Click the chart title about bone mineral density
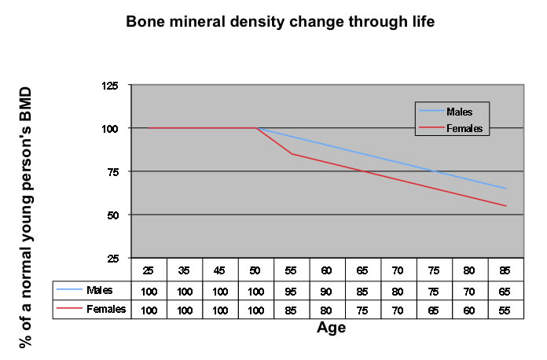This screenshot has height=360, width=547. (280, 21)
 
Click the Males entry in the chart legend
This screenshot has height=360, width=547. (457, 111)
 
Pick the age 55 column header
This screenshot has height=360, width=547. (291, 270)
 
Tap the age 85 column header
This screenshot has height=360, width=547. (505, 270)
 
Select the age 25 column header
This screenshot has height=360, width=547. (148, 270)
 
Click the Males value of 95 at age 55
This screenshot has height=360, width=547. (291, 291)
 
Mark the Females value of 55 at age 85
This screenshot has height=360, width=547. (505, 310)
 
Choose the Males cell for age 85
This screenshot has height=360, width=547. (505, 291)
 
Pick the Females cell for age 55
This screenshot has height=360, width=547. (291, 310)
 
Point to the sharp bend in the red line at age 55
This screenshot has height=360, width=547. (291, 153)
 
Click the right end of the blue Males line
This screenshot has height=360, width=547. (505, 189)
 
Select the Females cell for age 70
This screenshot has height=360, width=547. (398, 310)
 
